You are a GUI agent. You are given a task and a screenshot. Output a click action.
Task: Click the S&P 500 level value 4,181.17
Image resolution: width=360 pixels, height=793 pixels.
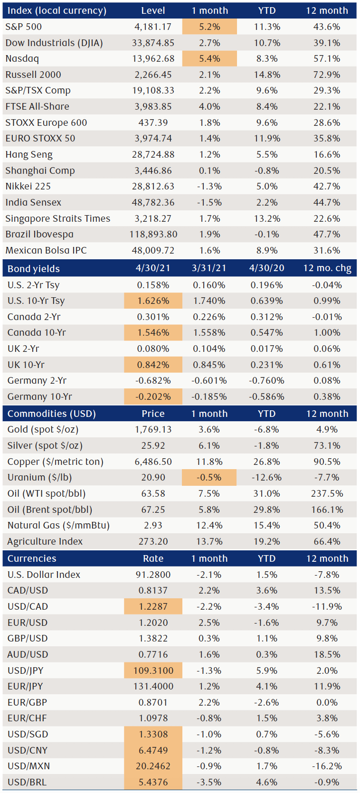[153, 27]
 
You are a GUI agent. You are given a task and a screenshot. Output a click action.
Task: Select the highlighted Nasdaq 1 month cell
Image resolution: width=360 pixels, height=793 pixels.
[209, 59]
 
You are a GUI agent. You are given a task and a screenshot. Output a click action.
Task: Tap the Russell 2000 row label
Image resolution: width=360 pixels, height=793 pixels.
[33, 75]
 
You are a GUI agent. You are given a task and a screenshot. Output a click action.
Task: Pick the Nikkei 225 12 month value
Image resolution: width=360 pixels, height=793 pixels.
[327, 186]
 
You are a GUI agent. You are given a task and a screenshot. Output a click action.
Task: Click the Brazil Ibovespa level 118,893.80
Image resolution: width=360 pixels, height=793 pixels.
[153, 234]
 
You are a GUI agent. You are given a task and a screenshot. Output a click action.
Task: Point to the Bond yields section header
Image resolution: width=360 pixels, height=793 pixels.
[34, 269]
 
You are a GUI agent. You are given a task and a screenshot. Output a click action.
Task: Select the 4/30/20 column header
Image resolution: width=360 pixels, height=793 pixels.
[266, 268]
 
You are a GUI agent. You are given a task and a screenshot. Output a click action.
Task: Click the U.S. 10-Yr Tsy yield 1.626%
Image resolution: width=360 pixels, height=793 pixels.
[153, 301]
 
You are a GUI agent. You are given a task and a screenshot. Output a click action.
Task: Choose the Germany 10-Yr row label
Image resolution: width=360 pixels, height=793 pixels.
[40, 396]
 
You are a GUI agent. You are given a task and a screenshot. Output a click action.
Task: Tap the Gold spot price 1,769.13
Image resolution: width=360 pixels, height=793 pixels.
[153, 429]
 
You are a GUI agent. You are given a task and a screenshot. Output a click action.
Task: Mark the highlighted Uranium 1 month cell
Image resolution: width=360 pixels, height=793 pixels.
[209, 477]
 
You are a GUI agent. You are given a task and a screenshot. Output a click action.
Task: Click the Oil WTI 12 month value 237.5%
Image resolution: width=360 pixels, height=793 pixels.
[327, 493]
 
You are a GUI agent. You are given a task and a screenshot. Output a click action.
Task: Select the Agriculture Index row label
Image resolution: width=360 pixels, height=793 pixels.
[45, 541]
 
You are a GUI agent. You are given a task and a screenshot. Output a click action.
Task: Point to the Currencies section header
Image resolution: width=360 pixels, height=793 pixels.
[32, 558]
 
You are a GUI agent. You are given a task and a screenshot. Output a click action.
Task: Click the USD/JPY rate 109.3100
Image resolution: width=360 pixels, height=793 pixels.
[153, 670]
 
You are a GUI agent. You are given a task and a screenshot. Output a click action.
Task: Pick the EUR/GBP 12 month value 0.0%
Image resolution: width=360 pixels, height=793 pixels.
[327, 702]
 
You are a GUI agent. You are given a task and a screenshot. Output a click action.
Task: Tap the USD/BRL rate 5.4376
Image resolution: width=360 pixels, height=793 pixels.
[153, 782]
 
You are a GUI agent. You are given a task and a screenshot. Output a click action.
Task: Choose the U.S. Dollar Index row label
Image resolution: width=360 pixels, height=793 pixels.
[44, 575]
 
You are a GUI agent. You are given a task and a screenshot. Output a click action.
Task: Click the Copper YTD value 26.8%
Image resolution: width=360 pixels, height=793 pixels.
[266, 462]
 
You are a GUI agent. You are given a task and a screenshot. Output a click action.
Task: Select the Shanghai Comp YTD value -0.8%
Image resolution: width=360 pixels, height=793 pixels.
[266, 170]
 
